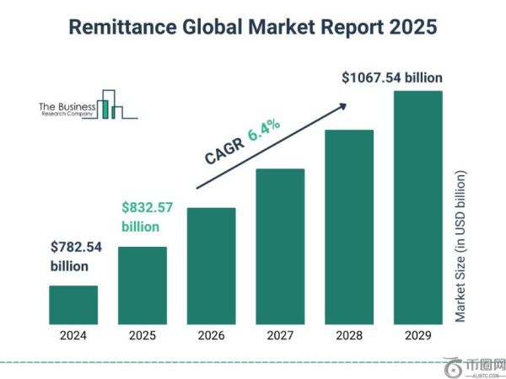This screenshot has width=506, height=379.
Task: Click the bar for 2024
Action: (73, 304)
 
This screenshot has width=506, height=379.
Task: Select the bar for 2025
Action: (142, 285)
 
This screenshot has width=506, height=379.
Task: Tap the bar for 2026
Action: (211, 265)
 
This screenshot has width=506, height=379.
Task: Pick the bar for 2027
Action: (280, 246)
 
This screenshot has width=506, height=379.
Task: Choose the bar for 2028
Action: (348, 227)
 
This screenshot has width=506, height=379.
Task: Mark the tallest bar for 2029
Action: (417, 207)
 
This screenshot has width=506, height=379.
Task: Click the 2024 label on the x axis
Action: (73, 335)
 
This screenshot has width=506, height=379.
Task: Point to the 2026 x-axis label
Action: (211, 335)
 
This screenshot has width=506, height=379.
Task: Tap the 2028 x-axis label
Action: (348, 335)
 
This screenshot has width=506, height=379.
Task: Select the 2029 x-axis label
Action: (417, 335)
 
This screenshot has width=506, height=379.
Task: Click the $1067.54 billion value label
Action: (392, 77)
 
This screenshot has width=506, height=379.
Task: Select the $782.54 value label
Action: (74, 248)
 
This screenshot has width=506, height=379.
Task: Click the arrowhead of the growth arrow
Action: (343, 104)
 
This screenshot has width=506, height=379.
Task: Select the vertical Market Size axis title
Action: (460, 246)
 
